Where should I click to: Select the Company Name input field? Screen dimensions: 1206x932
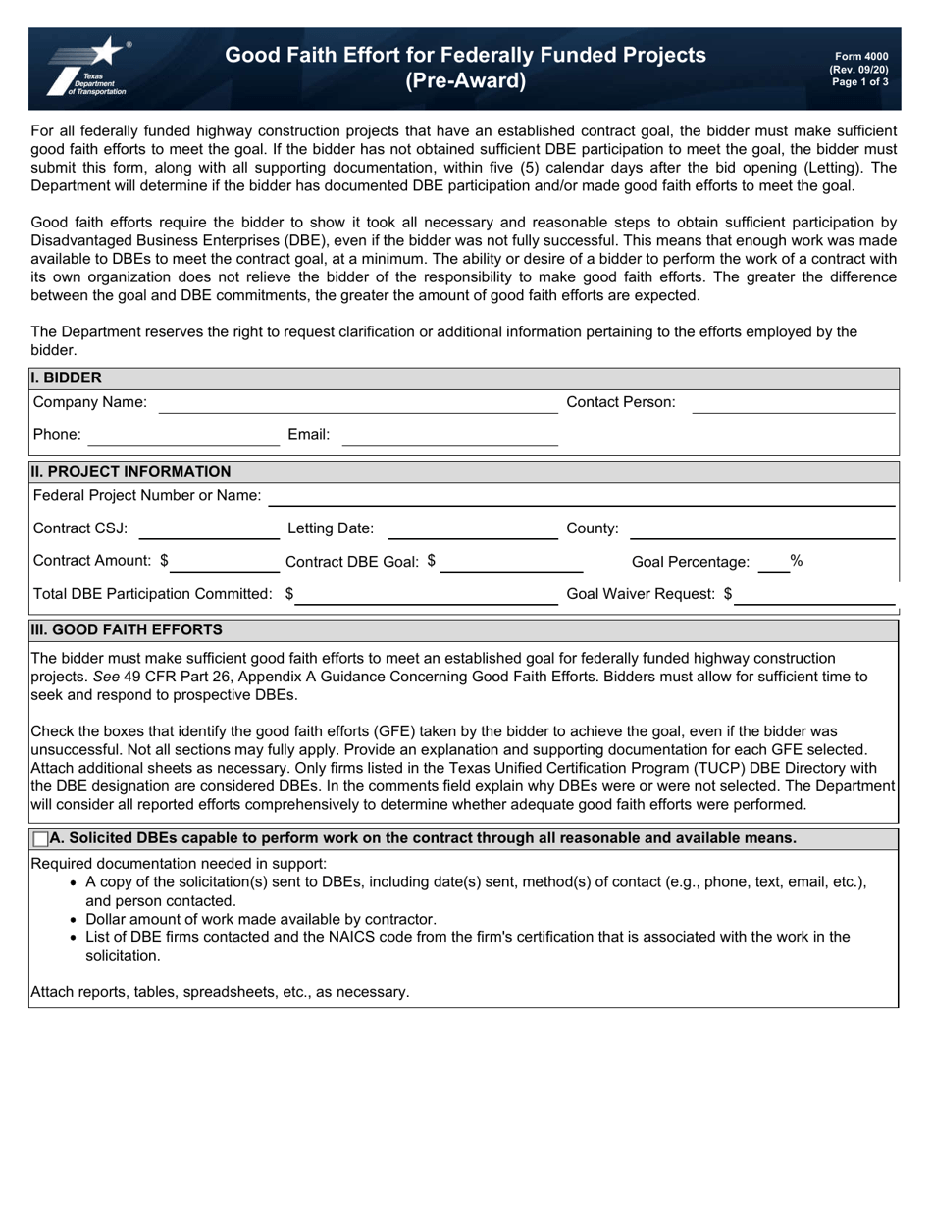(357, 403)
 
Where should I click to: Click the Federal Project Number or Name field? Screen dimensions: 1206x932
(582, 496)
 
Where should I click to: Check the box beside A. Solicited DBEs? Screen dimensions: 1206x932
(40, 839)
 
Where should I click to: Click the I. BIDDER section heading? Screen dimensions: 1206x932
(66, 377)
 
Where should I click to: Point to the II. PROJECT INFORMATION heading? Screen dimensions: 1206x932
(130, 471)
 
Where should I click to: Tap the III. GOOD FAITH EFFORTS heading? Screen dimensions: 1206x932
(127, 629)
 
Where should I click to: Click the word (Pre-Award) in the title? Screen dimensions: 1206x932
(465, 81)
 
